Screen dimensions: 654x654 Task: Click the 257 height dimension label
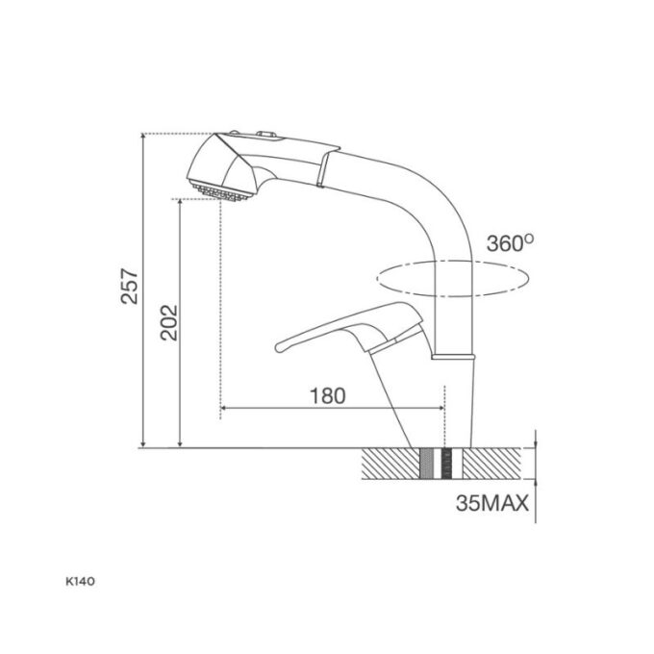130,287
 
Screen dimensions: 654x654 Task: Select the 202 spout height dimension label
169,323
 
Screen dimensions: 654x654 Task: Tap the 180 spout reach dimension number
328,396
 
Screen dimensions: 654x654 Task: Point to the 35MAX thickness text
492,503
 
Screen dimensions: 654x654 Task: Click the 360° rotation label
510,242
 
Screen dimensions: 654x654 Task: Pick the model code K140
80,582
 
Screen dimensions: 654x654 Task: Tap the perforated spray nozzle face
219,192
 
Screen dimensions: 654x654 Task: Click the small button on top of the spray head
266,134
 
